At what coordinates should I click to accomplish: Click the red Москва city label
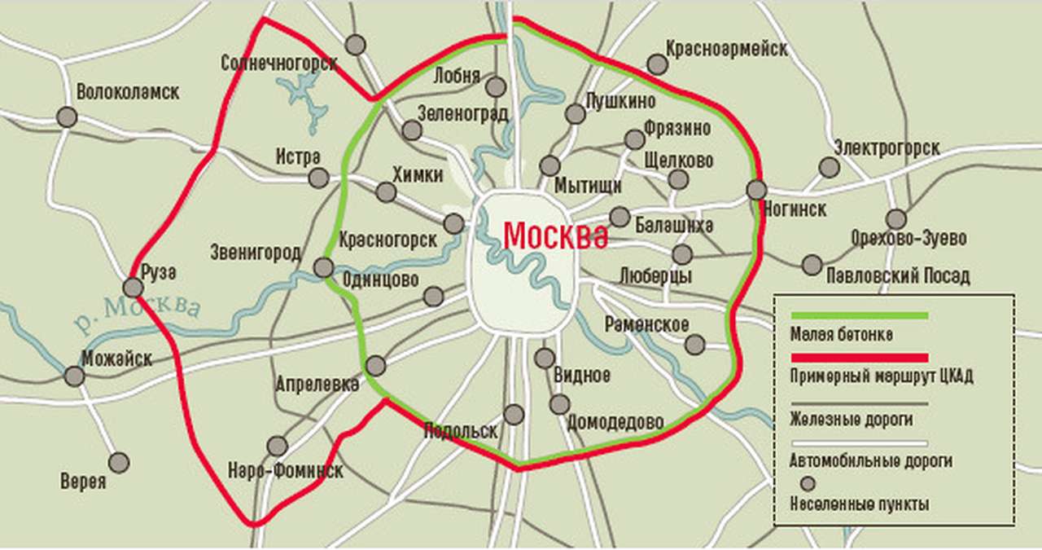coord(555,236)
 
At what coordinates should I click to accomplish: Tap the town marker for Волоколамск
coord(68,117)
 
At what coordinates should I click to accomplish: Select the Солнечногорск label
coord(278,64)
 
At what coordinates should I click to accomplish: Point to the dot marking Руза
coord(133,288)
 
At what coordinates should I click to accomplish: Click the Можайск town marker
coord(74,376)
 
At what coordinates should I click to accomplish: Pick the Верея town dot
coord(119,463)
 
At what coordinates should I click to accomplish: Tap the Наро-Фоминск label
coord(285,471)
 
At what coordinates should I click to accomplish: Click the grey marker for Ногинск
coord(756,190)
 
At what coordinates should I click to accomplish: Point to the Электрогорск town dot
coord(830,168)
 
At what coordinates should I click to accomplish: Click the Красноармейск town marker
coord(657,64)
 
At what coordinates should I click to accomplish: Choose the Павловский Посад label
coord(898,276)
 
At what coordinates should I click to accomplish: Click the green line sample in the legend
coord(859,315)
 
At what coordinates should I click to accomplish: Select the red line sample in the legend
coord(859,357)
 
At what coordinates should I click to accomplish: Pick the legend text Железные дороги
coord(851,420)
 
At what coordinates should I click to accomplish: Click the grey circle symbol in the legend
coord(808,484)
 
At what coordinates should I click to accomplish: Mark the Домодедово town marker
coord(559,404)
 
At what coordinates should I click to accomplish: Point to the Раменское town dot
coord(694,345)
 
